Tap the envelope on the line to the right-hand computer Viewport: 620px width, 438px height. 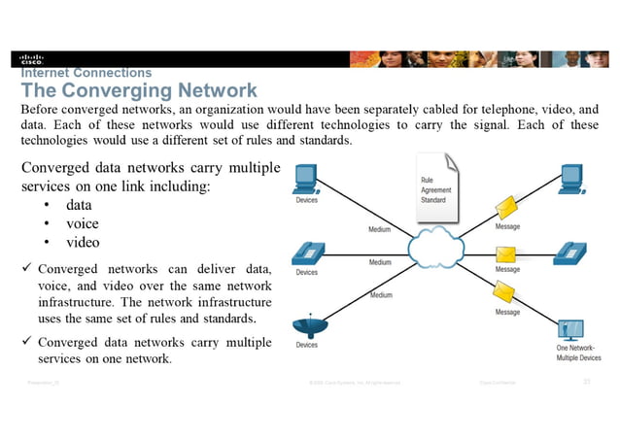pos(505,207)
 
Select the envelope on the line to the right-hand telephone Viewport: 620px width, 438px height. pos(505,254)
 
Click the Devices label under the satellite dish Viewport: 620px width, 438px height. pos(306,346)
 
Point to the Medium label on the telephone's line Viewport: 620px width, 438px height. pos(380,262)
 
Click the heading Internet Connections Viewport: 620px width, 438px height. pos(86,73)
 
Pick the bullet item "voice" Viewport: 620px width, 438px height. pos(83,223)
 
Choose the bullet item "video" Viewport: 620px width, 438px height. pos(83,242)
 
